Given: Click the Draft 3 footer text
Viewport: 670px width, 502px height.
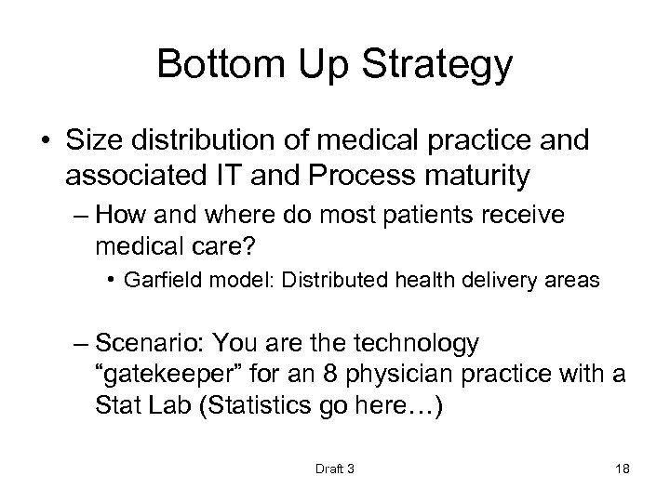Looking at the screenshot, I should [335, 468].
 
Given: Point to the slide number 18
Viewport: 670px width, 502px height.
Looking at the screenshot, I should [623, 468].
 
